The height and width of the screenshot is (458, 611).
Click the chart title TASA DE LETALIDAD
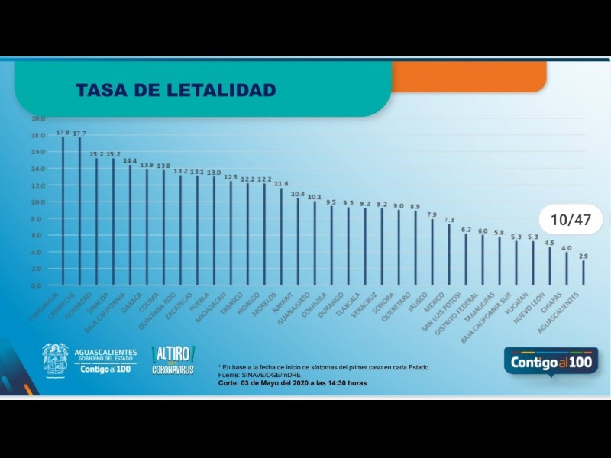click(x=176, y=91)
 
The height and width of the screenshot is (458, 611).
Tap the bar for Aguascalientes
click(x=584, y=273)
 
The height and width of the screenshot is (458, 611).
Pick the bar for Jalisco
click(x=432, y=252)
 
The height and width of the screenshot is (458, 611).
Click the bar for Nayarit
click(x=298, y=241)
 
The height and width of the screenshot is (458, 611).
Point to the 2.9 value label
click(x=583, y=256)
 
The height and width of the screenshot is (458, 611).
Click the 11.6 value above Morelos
click(x=281, y=183)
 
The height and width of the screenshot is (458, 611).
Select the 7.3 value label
click(x=449, y=220)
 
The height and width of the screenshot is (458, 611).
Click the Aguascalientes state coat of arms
click(x=55, y=360)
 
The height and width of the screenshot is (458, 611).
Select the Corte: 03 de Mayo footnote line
click(x=292, y=382)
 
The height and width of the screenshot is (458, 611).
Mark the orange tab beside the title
click(x=469, y=76)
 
